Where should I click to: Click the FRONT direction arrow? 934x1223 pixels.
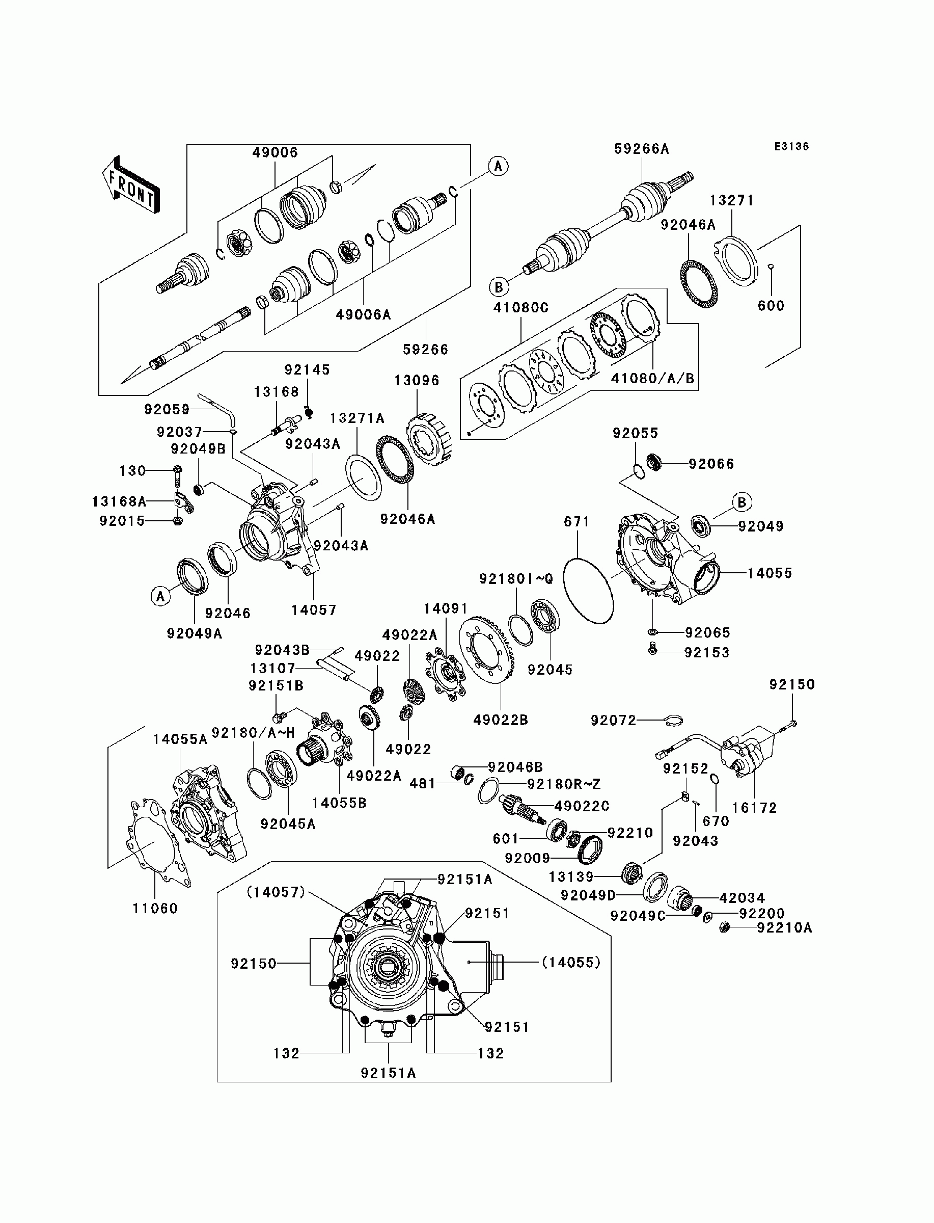click(131, 184)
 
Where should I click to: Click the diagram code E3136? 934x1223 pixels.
click(792, 146)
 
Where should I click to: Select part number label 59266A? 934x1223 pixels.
click(642, 148)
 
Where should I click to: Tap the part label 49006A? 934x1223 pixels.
click(364, 315)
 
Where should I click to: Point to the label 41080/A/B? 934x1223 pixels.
click(653, 378)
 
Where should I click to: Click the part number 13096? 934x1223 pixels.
click(417, 381)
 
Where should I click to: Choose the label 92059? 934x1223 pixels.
click(167, 409)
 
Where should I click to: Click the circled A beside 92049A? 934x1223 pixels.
click(160, 597)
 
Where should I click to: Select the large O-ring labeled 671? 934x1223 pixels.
click(588, 591)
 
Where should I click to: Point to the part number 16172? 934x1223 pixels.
click(754, 808)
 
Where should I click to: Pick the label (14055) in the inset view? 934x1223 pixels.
click(571, 962)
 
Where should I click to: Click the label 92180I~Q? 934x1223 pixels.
click(516, 579)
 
